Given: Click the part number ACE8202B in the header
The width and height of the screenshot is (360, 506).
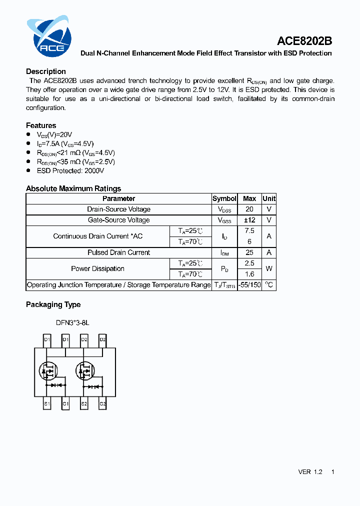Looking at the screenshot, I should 304,41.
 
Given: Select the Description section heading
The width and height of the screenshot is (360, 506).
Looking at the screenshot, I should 46,71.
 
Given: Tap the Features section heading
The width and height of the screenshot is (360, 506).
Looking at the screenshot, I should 41,125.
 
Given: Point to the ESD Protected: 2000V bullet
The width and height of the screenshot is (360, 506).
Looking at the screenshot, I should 70,170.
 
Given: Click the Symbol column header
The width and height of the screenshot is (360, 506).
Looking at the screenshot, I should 224,198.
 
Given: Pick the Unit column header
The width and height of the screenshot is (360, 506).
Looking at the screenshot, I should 269,198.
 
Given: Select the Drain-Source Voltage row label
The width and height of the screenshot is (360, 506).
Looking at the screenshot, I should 118,209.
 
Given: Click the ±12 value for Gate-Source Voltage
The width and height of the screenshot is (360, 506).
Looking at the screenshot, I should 249,220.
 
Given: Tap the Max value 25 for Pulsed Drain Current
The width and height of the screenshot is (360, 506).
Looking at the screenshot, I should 249,252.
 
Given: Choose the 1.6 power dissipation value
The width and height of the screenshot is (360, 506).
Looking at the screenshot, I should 249,274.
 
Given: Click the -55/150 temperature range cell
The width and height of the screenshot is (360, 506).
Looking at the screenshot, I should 249,285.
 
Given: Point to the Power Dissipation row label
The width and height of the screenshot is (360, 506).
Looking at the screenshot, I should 97,268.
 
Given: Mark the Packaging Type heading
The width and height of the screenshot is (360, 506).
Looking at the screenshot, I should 53,304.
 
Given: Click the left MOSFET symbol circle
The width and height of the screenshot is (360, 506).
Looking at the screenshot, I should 47,371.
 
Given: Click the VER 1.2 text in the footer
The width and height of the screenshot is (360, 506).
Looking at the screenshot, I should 310,472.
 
